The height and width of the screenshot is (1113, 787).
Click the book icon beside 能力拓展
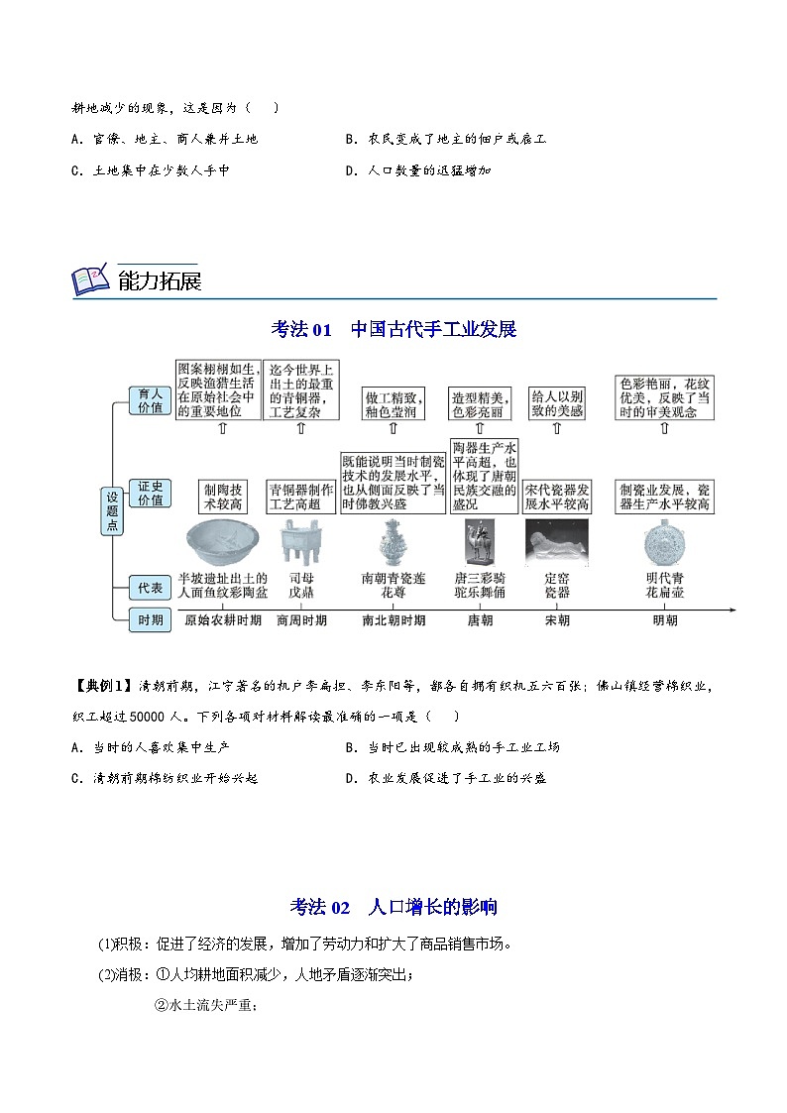point(90,280)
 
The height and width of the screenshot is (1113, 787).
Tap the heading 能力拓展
point(159,281)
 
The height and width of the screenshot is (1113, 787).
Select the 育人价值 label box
point(149,400)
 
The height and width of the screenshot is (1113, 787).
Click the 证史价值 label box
point(149,493)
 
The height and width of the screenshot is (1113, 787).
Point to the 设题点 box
point(112,510)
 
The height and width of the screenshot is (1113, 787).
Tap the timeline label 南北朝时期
point(393,620)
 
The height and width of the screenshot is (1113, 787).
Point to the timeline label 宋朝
point(558,620)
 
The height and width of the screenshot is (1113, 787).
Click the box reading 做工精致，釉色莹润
point(393,403)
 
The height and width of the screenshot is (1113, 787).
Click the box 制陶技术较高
point(223,497)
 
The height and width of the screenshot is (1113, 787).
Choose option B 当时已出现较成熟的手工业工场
point(453,747)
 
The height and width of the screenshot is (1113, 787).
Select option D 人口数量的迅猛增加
point(418,170)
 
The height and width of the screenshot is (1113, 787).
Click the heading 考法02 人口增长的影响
point(393,907)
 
